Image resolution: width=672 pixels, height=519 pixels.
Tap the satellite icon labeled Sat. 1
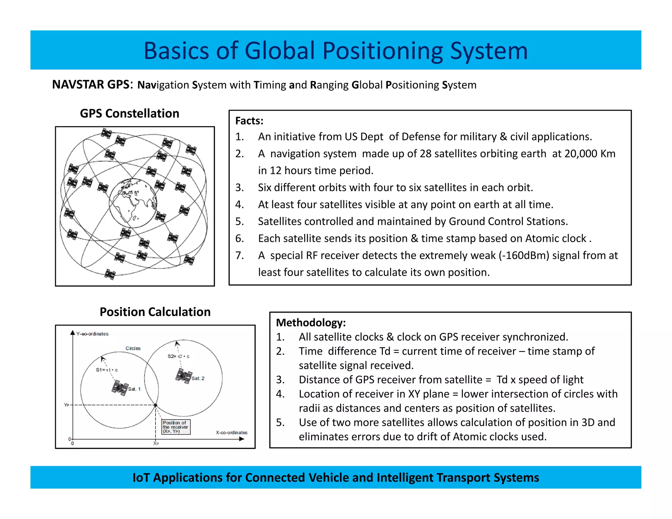click(120, 388)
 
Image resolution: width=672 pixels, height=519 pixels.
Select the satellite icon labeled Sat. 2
click(184, 376)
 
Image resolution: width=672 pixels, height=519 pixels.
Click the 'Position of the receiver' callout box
click(176, 427)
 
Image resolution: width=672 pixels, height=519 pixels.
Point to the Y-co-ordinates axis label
click(92, 334)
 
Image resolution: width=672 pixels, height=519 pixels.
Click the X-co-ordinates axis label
click(232, 432)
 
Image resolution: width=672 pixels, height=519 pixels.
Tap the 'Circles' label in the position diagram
click(133, 348)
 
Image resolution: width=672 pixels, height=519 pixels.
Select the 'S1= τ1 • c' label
click(107, 370)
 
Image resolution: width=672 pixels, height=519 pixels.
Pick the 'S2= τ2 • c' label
click(178, 356)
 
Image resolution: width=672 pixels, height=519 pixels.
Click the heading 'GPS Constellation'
click(130, 114)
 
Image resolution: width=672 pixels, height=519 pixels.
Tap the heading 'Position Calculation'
click(155, 312)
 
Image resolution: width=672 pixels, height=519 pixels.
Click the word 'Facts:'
click(249, 121)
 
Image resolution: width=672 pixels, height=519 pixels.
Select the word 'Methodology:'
click(311, 322)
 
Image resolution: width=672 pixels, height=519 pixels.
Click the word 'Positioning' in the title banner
click(383, 51)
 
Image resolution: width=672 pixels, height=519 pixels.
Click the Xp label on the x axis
click(156, 444)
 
